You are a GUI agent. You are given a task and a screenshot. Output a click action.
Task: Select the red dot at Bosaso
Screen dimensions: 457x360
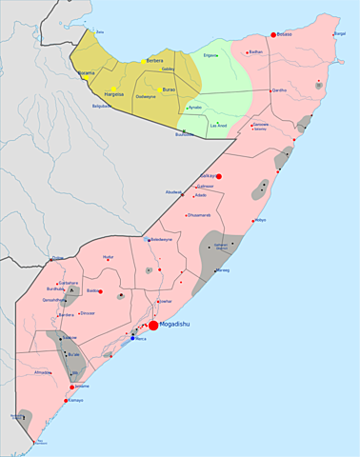pos(273,34)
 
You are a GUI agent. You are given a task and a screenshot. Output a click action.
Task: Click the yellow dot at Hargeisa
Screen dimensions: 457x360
pos(113,89)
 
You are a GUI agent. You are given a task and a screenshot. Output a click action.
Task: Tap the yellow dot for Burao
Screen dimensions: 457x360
pos(159,89)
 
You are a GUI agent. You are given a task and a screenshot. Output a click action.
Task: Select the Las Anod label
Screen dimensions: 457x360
pos(218,125)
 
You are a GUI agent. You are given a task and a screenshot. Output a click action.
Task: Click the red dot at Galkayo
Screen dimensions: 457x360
pos(219,176)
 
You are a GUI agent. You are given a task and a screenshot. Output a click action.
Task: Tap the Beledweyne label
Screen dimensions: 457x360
pos(157,239)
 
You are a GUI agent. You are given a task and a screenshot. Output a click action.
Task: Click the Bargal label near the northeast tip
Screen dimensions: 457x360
pos(340,33)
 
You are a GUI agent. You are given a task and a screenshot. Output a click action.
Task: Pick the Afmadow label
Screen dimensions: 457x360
pos(43,372)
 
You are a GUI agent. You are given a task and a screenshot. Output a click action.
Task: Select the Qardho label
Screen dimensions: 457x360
pos(279,89)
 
